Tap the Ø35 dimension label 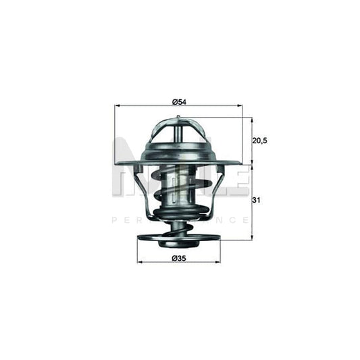(179, 258)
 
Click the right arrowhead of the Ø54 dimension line (239, 107)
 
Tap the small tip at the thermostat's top (178, 119)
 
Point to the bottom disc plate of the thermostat (178, 239)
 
